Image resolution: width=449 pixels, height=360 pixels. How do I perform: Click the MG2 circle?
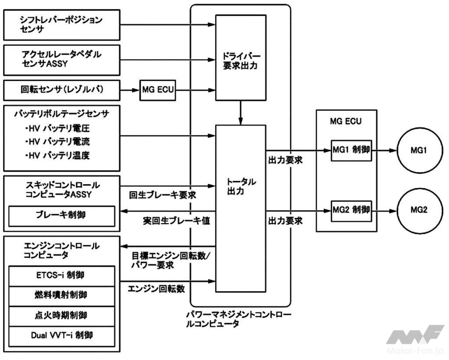419,210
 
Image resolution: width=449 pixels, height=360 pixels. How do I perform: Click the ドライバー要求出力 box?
241,62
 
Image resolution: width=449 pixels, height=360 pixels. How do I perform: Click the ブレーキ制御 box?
62,216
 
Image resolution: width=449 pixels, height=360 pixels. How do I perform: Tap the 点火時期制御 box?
62,315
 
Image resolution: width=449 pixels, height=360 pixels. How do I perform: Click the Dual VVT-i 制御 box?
62,335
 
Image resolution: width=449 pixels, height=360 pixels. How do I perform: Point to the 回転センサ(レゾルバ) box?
61,91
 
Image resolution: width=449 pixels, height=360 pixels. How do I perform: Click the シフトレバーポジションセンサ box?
61,25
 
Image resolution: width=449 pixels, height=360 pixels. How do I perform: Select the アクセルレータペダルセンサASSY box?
61,60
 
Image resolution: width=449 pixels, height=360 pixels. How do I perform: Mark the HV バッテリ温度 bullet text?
57,155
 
